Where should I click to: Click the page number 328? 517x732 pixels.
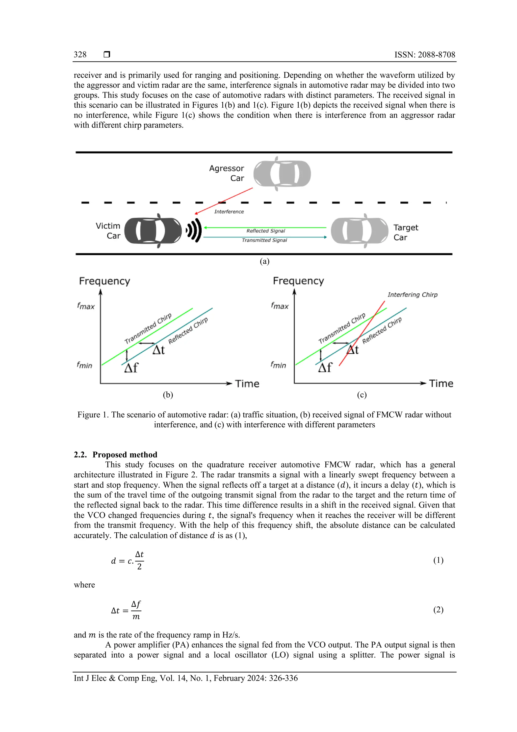tap(80, 55)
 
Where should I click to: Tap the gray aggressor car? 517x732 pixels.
tap(282, 174)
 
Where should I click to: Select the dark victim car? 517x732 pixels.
tap(153, 231)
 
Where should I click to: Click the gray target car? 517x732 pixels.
tap(359, 231)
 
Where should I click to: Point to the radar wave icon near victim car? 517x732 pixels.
tap(194, 230)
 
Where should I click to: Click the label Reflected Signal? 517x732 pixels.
tap(266, 231)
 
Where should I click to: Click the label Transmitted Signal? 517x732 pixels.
tap(264, 240)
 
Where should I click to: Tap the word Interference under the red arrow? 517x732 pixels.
tap(229, 212)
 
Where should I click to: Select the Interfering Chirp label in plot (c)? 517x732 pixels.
tap(412, 294)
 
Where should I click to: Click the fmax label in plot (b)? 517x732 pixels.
tap(86, 306)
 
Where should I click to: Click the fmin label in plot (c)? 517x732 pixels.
tap(278, 365)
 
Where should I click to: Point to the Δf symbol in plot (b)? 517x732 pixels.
tap(131, 368)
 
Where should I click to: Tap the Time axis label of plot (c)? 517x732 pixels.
tap(441, 383)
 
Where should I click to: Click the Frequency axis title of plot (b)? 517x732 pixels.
tap(105, 281)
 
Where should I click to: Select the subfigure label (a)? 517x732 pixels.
tap(264, 261)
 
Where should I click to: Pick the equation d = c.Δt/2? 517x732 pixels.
tap(127, 560)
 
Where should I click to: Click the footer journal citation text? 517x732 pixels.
tap(186, 678)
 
